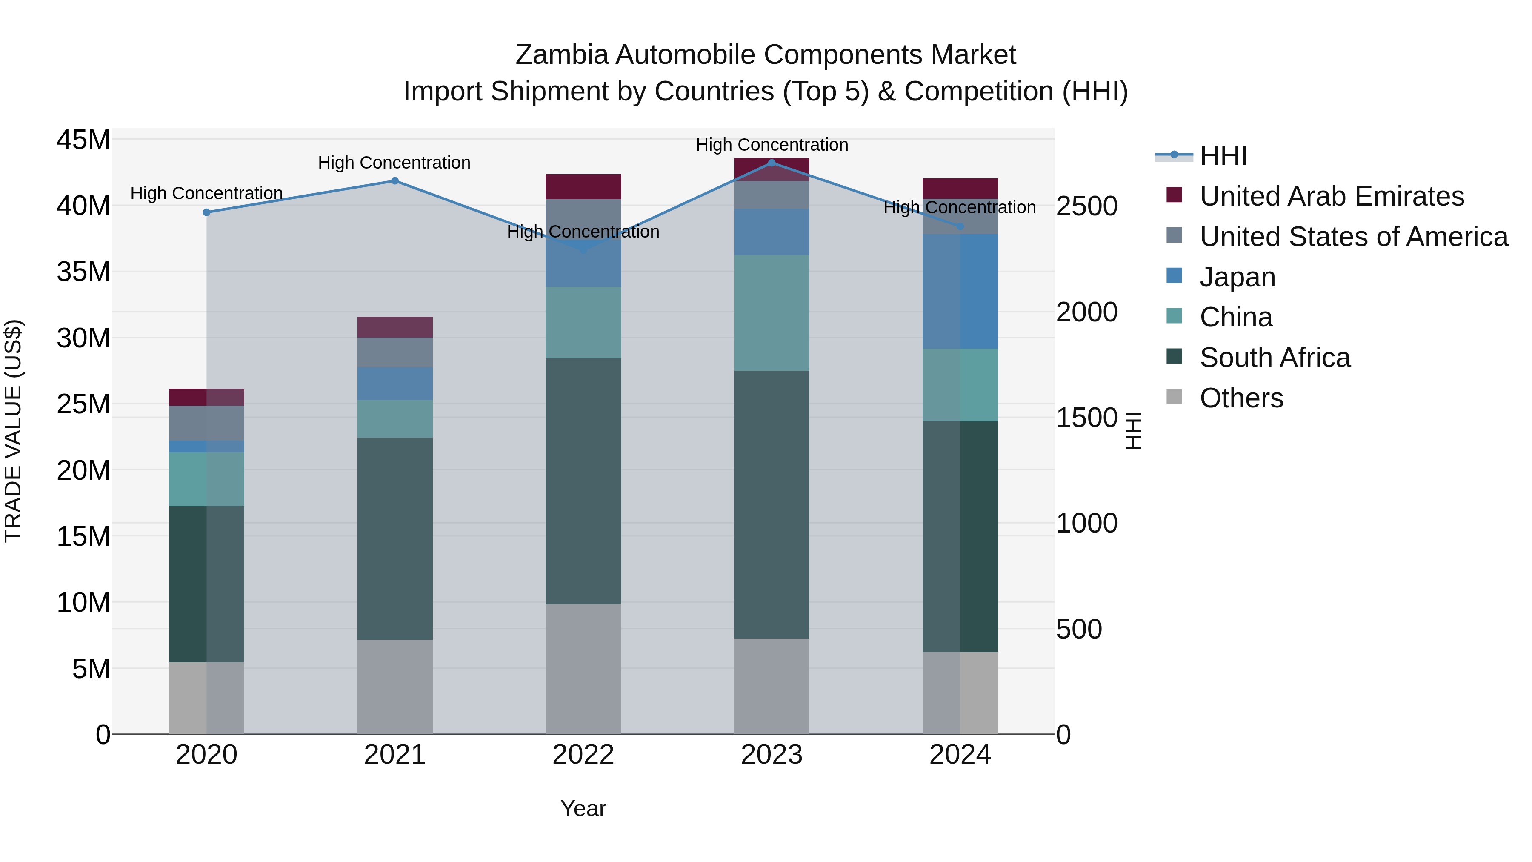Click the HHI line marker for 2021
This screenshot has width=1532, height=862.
(x=394, y=181)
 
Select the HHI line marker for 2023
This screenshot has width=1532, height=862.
(x=772, y=163)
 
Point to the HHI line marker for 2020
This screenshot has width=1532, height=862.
(x=206, y=212)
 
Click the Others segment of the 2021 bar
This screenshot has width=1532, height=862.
(x=394, y=687)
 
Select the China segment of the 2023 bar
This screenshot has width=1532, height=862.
(x=772, y=313)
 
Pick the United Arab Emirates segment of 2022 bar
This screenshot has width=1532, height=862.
(x=583, y=187)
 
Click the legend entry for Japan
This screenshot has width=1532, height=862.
(x=1237, y=277)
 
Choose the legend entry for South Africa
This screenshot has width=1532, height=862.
(x=1275, y=358)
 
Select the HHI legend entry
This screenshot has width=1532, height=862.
(x=1222, y=156)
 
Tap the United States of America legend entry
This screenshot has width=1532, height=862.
(x=1353, y=237)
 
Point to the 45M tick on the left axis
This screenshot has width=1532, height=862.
(x=83, y=140)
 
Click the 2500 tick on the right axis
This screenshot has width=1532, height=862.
(x=1086, y=206)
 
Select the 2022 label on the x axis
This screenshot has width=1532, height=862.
(x=583, y=755)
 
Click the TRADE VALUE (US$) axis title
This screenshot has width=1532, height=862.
(x=13, y=431)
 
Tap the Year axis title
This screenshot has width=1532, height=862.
(x=583, y=808)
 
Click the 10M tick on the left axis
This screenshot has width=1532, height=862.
(x=83, y=603)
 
